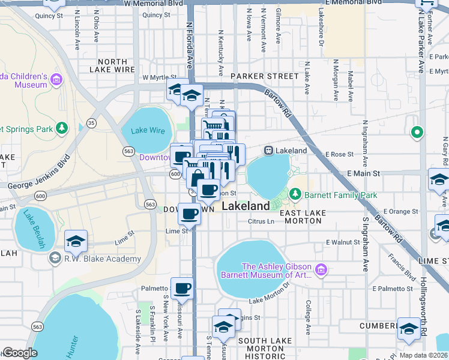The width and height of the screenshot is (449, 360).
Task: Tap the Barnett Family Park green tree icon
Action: (x=295, y=194)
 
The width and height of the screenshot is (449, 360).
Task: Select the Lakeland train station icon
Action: (x=268, y=151)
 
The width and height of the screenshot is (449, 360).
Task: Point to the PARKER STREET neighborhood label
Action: (x=265, y=76)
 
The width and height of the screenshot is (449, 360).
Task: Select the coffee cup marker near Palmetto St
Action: (x=182, y=289)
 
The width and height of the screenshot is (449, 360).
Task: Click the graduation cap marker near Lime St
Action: (x=76, y=241)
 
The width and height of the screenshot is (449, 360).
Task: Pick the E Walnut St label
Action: (x=342, y=242)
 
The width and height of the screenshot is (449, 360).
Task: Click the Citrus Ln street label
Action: (x=261, y=221)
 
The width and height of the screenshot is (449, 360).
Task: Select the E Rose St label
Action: (x=341, y=155)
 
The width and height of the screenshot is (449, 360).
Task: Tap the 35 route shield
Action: (x=91, y=122)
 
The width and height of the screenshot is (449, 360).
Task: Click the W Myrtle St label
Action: (x=158, y=78)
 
